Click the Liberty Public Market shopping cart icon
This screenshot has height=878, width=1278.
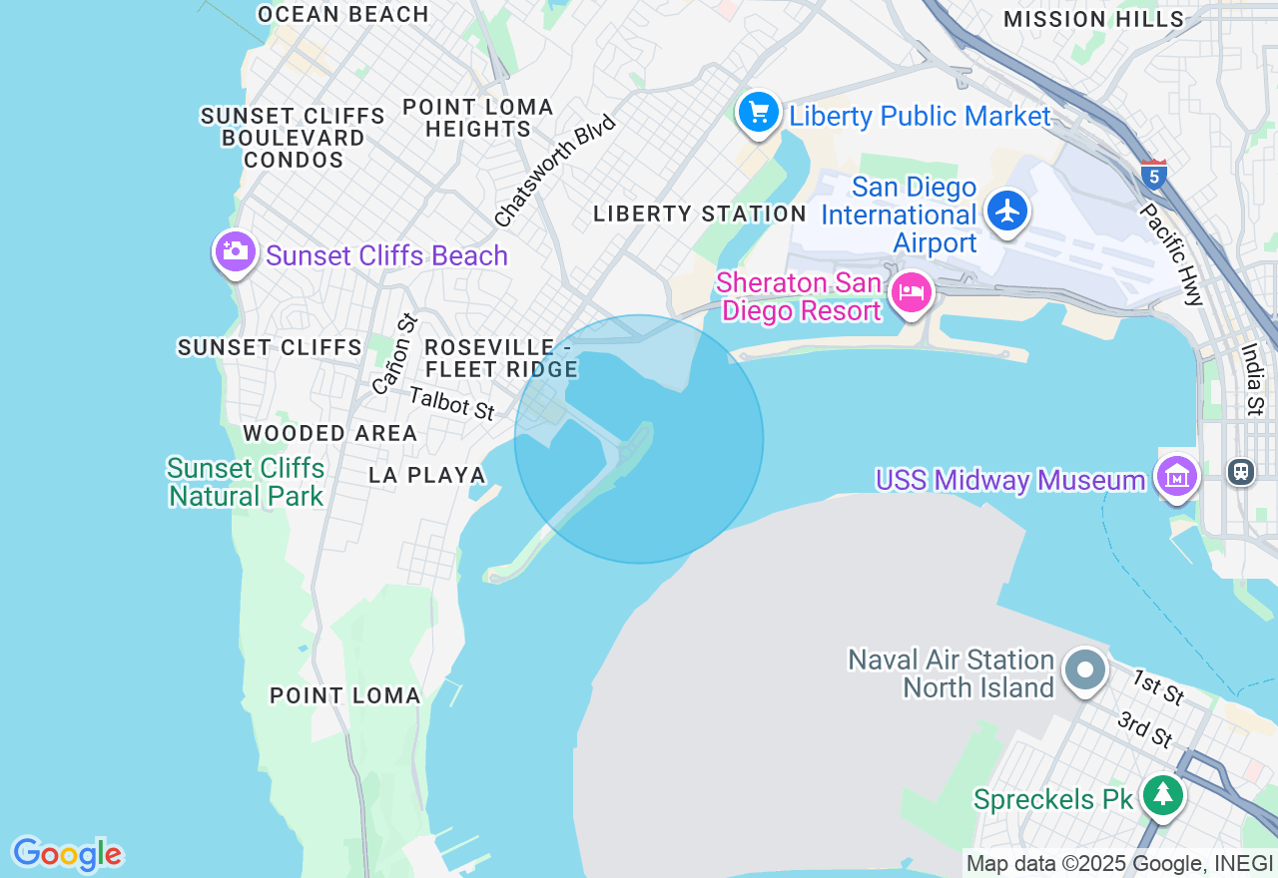tap(759, 112)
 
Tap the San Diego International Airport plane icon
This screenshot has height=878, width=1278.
tap(1008, 211)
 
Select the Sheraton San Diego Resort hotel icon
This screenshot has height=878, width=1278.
tap(911, 293)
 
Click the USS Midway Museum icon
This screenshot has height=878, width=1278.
tap(1176, 477)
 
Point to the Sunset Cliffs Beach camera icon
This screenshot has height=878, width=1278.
tap(235, 251)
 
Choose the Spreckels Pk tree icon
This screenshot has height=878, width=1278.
tap(1163, 795)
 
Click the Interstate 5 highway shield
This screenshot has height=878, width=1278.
tap(1153, 175)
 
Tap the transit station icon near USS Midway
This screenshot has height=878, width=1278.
tap(1241, 470)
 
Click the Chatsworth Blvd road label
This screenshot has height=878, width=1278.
tap(555, 170)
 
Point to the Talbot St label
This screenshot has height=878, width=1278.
tap(452, 403)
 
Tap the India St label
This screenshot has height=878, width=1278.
tap(1252, 379)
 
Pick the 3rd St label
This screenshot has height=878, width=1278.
tap(1145, 730)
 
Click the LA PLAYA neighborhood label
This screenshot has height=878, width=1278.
tap(427, 475)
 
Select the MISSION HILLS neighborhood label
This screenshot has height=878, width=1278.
tap(1093, 19)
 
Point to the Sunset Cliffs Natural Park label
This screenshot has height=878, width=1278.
tap(246, 482)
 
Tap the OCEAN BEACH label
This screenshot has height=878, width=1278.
tap(342, 14)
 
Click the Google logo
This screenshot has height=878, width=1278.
tap(67, 854)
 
